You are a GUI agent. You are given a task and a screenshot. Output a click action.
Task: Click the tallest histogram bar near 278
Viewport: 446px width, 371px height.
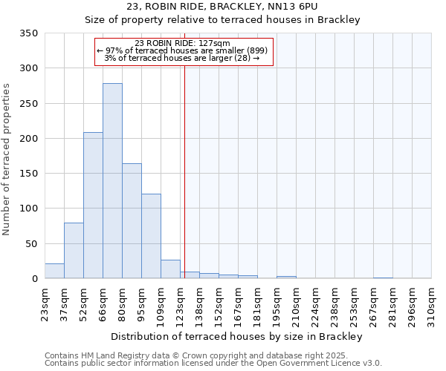click(x=112, y=181)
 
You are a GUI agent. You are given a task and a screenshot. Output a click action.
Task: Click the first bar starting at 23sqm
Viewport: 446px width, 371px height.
click(x=54, y=271)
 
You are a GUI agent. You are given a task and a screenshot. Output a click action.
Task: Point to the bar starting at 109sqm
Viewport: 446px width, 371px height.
click(x=170, y=269)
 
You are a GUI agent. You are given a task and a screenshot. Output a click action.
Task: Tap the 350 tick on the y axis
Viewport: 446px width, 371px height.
click(x=29, y=33)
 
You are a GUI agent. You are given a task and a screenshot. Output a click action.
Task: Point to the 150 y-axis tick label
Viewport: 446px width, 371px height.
click(x=29, y=174)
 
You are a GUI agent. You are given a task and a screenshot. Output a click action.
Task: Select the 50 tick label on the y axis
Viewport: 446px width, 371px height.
click(x=32, y=243)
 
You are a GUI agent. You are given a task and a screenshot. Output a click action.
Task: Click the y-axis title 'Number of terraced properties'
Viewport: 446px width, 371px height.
click(x=7, y=160)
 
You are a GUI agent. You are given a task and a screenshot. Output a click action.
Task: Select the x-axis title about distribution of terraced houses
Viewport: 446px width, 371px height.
click(x=236, y=336)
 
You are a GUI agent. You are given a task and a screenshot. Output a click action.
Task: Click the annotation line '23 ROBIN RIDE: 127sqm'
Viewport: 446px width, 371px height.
click(x=184, y=43)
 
